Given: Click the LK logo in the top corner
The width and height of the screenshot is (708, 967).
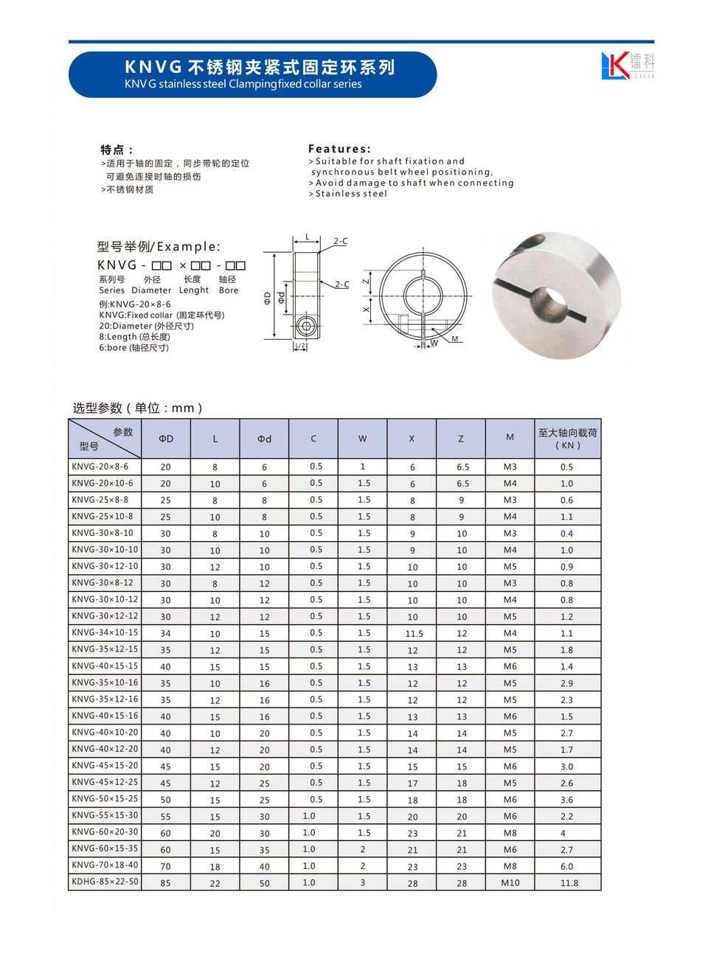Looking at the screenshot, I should pos(627,66).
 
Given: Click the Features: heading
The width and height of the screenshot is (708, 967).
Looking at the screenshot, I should pos(339,149).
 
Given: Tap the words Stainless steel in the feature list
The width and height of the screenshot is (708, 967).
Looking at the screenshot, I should pos(351,194).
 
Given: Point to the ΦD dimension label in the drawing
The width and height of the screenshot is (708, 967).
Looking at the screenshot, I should pos(267,297).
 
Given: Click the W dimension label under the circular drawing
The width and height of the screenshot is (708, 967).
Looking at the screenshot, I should pos(434,343).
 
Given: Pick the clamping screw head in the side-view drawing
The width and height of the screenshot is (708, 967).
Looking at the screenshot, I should pos(306,326).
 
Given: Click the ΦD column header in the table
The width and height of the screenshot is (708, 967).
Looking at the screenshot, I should pos(166,439).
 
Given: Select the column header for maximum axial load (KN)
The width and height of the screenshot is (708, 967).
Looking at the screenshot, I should pos(567,439).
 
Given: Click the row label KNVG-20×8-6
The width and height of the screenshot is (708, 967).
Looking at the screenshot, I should pos(100,467).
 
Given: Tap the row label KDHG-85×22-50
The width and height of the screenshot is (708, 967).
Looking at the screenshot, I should pos(105,882).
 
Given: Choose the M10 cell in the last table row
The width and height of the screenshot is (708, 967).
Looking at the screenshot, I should pos(510,883).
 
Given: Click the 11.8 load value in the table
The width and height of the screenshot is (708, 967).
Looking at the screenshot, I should pos(569,883).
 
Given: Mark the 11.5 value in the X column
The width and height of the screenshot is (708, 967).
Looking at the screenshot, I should pos(414,634).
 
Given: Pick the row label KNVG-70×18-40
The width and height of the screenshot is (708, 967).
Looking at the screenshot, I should pos(105,865).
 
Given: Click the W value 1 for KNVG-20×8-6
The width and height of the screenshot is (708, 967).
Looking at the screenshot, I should pos(363,467).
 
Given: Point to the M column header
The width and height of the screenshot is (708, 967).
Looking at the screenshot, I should pos(510,438).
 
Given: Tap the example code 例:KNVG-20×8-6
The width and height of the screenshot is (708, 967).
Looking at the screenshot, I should pos(135,304).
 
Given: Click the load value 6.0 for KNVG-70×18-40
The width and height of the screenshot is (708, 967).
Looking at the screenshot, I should pos(566,867).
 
